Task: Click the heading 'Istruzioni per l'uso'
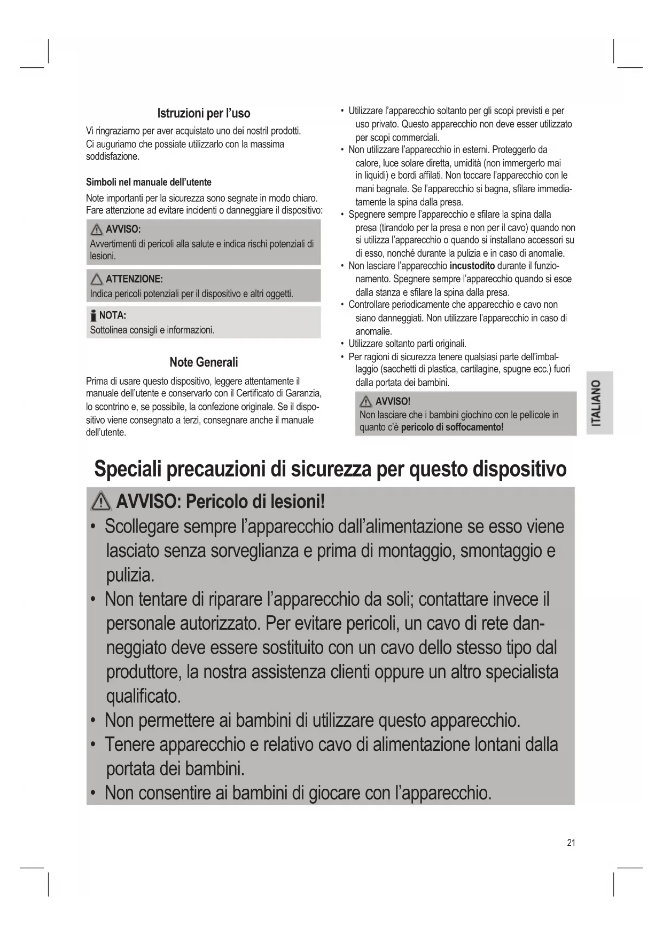coord(204,113)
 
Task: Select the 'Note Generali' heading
coord(204,362)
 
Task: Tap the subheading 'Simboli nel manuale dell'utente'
coord(149,182)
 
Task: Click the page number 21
coord(571,843)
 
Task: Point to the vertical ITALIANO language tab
coord(599,402)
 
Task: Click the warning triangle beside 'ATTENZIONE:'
coord(97,279)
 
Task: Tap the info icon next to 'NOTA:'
coord(93,315)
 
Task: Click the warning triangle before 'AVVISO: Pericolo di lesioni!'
coord(102,502)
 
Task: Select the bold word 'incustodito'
coord(472,266)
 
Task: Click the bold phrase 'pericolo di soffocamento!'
coord(452,427)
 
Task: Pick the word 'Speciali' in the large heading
coord(128,469)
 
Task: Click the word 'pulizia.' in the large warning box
coord(130,575)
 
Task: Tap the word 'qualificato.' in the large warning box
coord(144,696)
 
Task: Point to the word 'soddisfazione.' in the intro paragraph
coord(113,157)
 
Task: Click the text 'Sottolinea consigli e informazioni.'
coord(152,330)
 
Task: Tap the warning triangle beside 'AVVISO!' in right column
coord(366,401)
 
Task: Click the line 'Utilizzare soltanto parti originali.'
coord(407,344)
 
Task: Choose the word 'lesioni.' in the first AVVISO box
coord(103,256)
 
